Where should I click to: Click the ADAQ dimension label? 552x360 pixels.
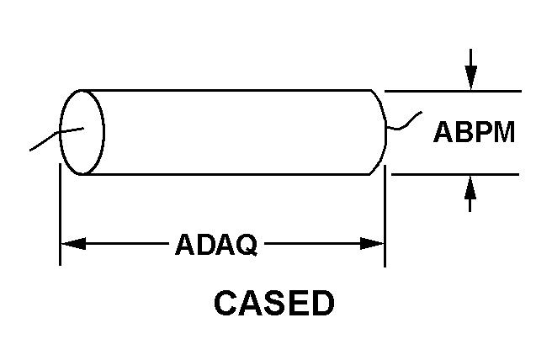[215, 245]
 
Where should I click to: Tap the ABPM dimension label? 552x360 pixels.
[474, 132]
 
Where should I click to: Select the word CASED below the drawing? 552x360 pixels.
[273, 304]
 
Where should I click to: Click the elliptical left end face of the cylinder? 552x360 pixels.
[82, 131]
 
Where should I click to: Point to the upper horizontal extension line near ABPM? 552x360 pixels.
[454, 90]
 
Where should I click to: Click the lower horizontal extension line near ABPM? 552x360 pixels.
[454, 174]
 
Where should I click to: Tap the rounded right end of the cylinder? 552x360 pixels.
[380, 131]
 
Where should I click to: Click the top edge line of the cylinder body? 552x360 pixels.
[236, 90]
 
